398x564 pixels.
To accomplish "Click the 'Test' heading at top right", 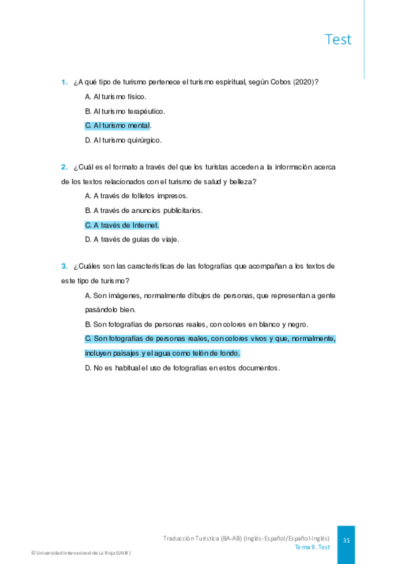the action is point(338,39).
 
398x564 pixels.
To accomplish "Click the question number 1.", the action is point(64,82).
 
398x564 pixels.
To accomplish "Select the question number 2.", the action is point(64,167).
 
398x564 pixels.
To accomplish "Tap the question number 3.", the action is point(64,266).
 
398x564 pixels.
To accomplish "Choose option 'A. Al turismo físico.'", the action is point(116,97).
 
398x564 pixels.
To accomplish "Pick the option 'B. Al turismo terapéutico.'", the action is point(125,111).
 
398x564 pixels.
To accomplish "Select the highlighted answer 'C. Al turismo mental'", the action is point(118,126).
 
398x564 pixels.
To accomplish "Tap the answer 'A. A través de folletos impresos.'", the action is point(136,196).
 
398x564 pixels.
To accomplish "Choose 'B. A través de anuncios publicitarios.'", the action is point(144,210).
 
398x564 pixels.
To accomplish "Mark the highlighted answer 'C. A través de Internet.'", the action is point(122,225).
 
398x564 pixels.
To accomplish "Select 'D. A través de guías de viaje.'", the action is point(132,239).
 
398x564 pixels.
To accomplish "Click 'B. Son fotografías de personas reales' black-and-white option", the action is point(197,324).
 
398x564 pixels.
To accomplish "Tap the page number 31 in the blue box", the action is point(346,541).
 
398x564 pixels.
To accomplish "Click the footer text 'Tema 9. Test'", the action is point(312,547).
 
